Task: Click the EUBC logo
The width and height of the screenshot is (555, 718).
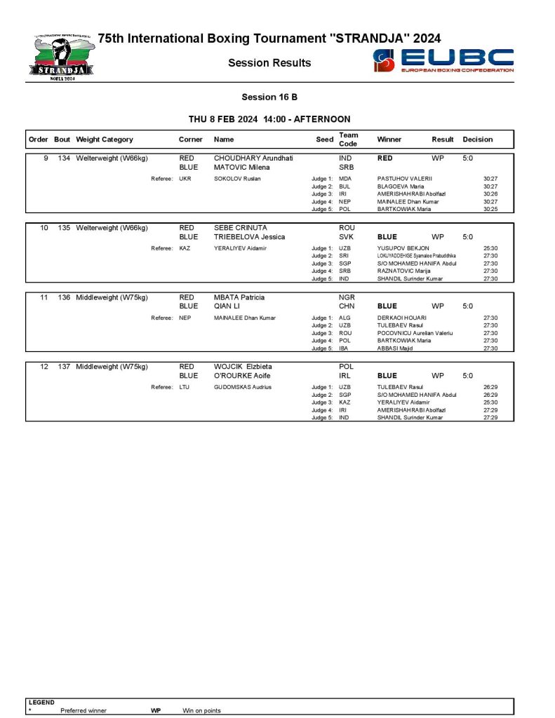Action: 444,61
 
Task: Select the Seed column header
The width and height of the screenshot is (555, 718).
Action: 325,140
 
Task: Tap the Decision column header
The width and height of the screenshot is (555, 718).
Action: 478,140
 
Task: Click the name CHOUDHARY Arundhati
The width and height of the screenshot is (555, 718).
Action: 253,158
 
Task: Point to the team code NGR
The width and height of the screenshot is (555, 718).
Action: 347,297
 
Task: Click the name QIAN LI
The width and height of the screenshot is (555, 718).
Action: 228,306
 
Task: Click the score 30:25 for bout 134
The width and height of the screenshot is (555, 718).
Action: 490,209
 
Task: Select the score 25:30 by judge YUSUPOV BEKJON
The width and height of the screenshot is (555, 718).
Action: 490,248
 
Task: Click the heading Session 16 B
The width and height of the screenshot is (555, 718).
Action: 269,97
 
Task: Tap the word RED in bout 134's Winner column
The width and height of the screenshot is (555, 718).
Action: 385,158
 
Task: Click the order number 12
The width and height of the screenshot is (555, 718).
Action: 44,367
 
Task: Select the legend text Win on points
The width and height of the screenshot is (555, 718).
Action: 201,711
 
